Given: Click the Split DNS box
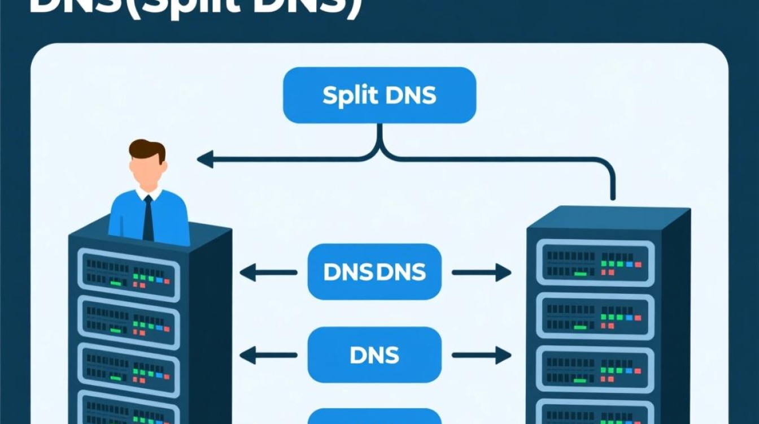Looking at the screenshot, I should (x=380, y=95).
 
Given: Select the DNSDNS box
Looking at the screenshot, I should (x=374, y=272).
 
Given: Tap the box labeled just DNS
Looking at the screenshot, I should (x=374, y=354).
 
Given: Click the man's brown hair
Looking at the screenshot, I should (x=147, y=149).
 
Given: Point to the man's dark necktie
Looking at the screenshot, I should (x=149, y=218).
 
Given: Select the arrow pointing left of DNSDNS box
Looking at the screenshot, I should (x=268, y=272).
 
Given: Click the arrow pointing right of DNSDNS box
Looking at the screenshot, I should (x=481, y=272).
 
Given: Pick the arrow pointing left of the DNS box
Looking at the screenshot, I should (x=268, y=355).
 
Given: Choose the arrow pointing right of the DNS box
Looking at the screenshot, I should (x=481, y=355).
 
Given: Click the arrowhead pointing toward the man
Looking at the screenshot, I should (x=204, y=159).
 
